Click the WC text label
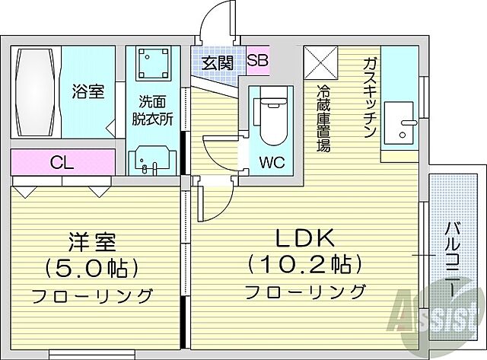click(274, 161)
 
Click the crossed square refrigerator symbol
click(320, 62)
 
